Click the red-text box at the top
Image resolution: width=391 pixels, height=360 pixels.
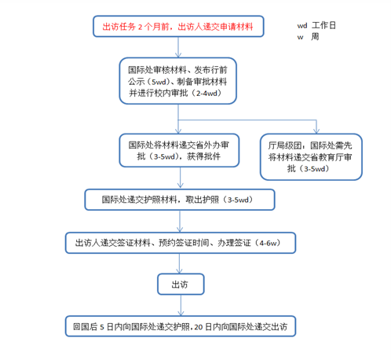coord(178,26)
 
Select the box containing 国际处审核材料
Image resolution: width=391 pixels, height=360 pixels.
coord(178,81)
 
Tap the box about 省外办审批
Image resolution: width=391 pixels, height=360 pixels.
coord(179,150)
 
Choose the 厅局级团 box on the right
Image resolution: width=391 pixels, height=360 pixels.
coord(311,157)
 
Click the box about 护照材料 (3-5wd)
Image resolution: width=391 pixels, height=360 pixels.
coord(180,200)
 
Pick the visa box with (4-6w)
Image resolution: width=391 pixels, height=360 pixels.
coord(181,243)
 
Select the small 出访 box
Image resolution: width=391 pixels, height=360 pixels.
coord(181,285)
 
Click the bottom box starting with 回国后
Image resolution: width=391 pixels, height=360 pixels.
coord(181,326)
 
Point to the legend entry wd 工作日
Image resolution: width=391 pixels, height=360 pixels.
coord(316,25)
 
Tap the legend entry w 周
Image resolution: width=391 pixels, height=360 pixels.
coord(308,37)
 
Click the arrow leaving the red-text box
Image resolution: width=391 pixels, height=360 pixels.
coord(178,47)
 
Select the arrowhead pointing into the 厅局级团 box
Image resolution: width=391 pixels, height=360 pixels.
coord(316,130)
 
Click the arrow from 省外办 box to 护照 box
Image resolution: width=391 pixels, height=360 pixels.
coord(180,178)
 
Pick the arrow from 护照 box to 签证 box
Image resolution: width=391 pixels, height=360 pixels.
coord(180,221)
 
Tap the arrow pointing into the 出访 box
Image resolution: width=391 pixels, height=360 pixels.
coord(179,263)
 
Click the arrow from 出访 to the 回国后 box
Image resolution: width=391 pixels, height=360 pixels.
coord(181,305)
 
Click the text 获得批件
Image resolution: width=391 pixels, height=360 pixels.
coord(203,156)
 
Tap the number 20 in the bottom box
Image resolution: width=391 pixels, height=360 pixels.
coord(199,327)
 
